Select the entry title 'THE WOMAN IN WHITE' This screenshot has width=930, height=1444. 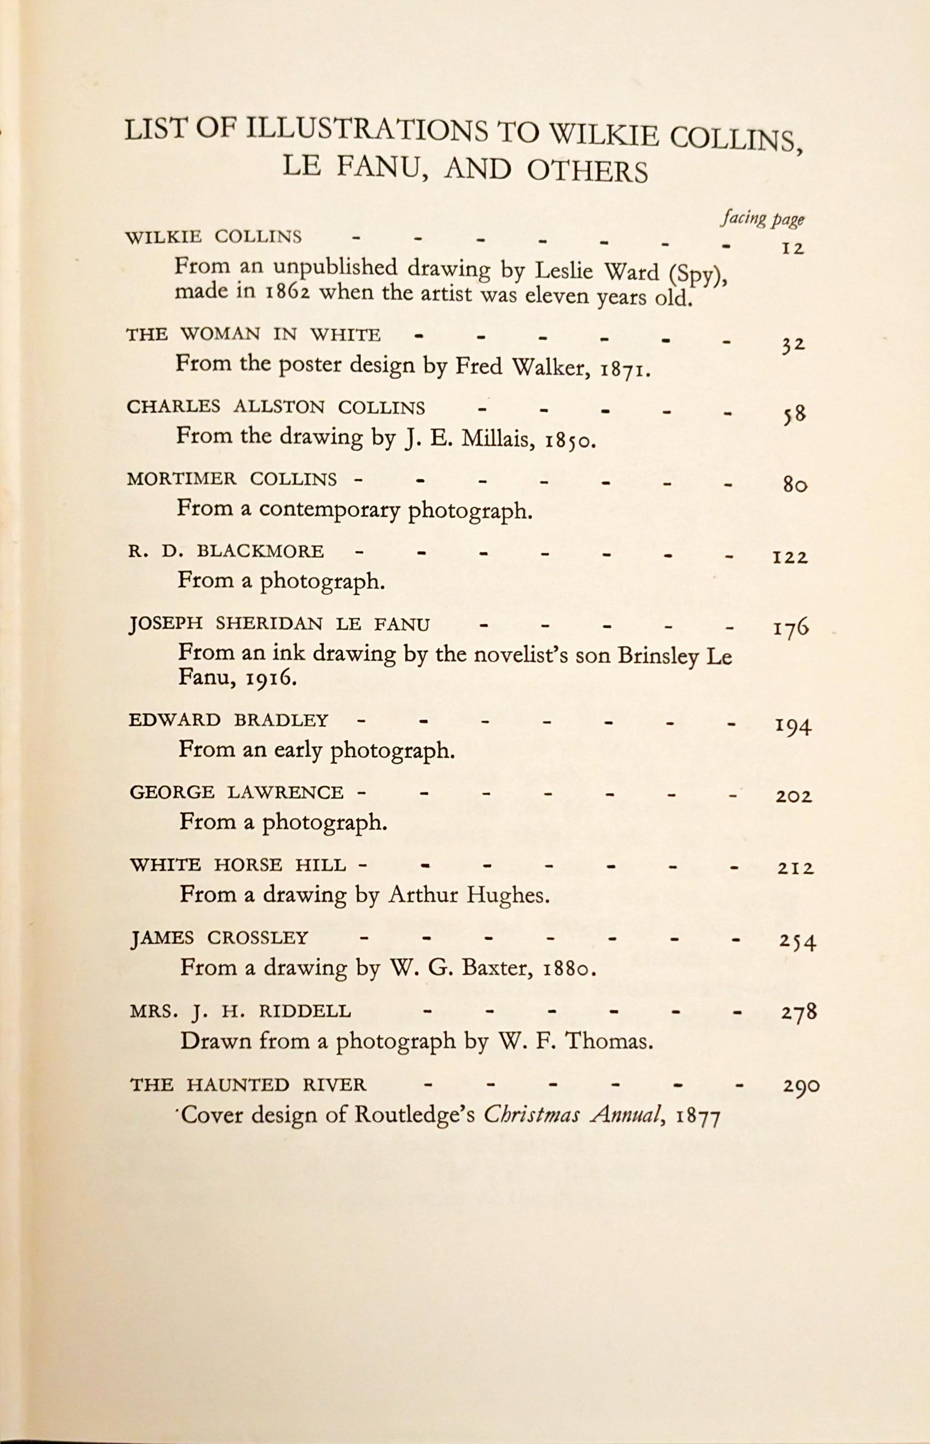(253, 335)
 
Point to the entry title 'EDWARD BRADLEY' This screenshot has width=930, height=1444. (229, 720)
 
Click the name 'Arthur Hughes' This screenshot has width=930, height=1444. (469, 894)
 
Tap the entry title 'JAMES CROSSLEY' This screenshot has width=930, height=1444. (219, 938)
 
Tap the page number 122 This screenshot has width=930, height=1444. (790, 557)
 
